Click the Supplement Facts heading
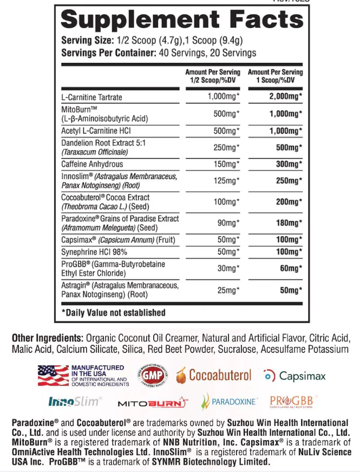point(181,21)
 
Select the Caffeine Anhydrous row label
point(92,164)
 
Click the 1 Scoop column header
point(275,76)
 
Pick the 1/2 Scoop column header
point(212,76)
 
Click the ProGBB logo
point(291,401)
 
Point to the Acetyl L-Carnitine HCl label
point(96,131)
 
